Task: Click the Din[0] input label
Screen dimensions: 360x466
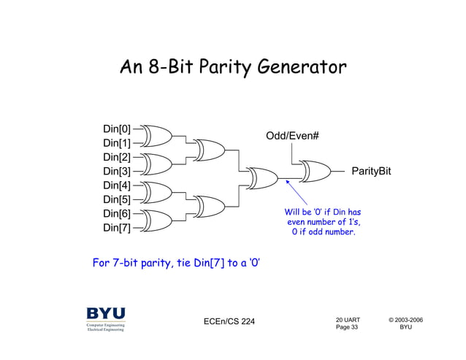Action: [116, 129]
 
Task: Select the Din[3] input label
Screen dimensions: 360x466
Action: [116, 172]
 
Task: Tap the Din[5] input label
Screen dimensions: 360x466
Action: [116, 199]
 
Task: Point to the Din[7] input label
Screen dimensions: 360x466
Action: [116, 228]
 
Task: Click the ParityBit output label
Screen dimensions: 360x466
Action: [371, 171]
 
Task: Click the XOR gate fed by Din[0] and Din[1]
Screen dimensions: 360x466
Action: [156, 137]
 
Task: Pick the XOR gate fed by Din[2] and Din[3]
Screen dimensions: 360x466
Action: [156, 164]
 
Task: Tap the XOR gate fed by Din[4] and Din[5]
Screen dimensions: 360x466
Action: [156, 192]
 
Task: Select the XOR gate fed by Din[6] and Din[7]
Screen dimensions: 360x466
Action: [156, 220]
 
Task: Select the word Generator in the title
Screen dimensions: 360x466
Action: [299, 69]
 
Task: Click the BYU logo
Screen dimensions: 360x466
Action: [106, 318]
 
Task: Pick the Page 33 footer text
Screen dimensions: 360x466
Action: [347, 327]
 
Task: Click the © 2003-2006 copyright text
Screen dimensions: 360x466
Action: [405, 319]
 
